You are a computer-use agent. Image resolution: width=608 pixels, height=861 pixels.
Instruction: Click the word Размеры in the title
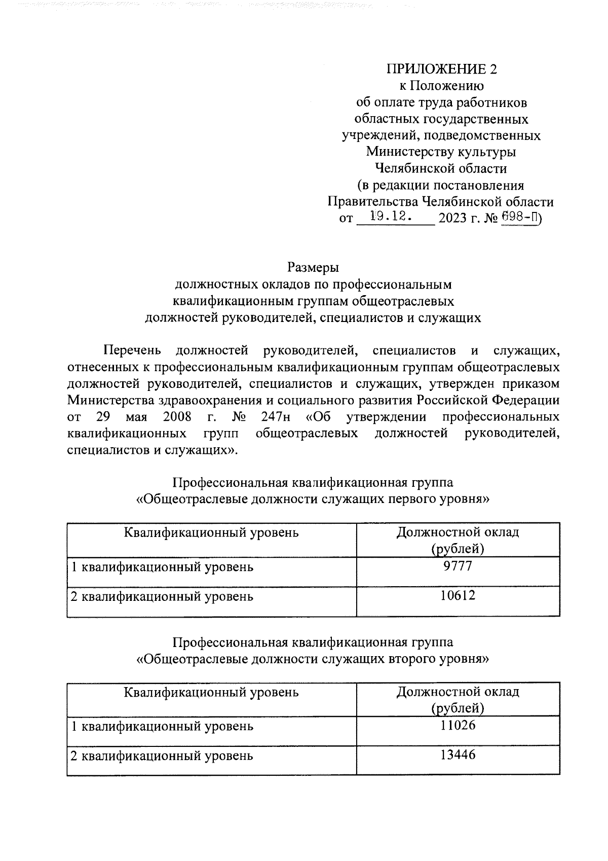pyautogui.click(x=313, y=267)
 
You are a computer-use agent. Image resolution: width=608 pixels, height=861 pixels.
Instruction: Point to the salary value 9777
pyautogui.click(x=458, y=566)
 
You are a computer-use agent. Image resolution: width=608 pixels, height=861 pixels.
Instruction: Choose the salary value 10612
pyautogui.click(x=458, y=596)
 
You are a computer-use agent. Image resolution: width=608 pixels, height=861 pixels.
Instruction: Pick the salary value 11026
pyautogui.click(x=458, y=726)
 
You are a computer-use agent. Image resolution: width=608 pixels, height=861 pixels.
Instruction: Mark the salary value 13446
pyautogui.click(x=458, y=756)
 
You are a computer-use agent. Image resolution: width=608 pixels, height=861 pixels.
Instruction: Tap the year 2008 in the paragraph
pyautogui.click(x=177, y=417)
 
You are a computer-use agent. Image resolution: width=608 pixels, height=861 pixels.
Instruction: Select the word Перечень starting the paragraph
pyautogui.click(x=132, y=350)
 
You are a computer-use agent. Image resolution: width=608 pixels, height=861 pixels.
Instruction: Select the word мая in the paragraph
pyautogui.click(x=135, y=417)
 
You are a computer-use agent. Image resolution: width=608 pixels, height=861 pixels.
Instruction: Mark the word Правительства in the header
pyautogui.click(x=372, y=202)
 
